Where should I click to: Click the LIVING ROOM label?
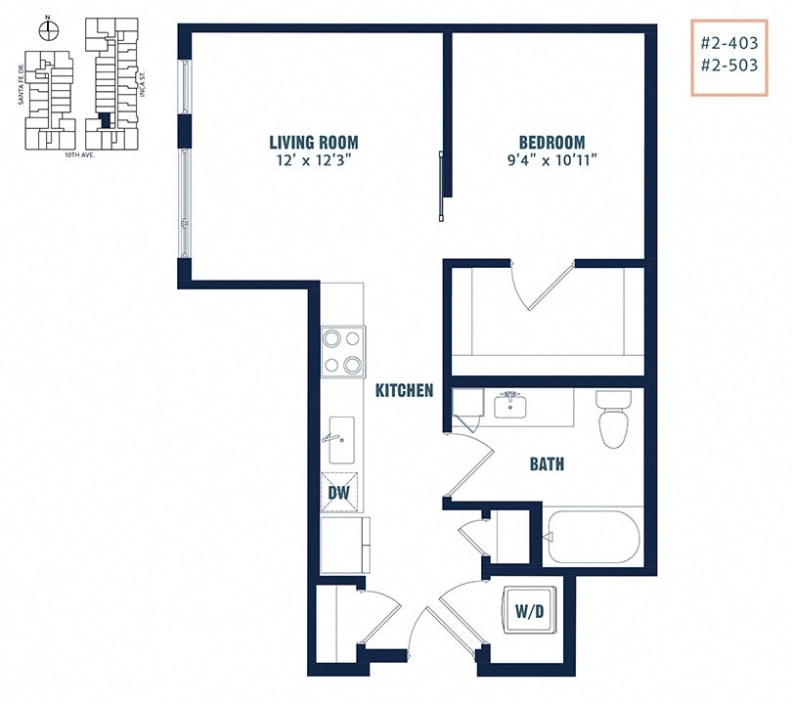[x=314, y=142]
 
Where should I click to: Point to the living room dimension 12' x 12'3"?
[x=314, y=159]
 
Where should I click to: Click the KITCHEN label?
[x=404, y=390]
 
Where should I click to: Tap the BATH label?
[x=547, y=463]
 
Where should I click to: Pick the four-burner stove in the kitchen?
[x=342, y=352]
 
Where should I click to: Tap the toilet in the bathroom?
[x=614, y=418]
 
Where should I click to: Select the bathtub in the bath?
[x=593, y=537]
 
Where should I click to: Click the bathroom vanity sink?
[x=510, y=404]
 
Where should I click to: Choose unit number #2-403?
[x=727, y=44]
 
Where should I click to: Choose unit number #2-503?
[x=727, y=68]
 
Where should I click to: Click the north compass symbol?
[x=48, y=27]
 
